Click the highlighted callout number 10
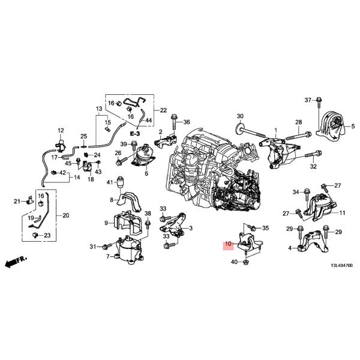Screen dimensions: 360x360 227,245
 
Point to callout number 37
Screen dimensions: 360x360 308,100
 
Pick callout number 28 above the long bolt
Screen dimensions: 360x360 298,122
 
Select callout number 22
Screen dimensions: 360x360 164,111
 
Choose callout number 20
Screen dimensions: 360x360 65,215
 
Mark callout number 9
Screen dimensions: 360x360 106,223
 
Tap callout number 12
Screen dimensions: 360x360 60,131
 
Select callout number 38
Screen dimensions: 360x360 148,214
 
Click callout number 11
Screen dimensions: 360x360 342,213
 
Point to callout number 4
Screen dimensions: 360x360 290,248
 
